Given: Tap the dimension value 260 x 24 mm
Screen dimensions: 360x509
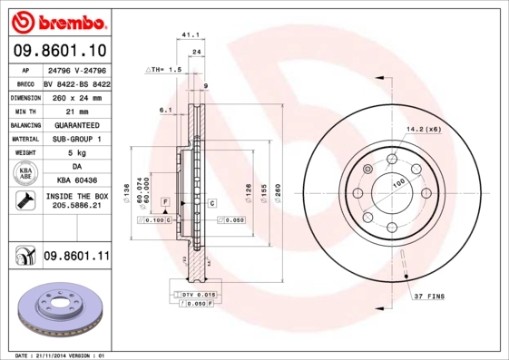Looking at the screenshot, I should [x=76, y=95].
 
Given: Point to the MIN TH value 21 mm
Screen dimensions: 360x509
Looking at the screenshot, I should [x=76, y=110].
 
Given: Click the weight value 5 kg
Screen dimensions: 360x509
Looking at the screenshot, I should [x=76, y=153].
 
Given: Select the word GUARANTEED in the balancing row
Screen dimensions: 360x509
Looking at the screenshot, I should [x=76, y=124].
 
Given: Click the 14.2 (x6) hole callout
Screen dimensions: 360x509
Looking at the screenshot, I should [x=424, y=130].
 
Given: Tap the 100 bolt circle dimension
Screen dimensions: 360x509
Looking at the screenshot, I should [x=396, y=182].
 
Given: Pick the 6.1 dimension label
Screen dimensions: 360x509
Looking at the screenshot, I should [x=165, y=110].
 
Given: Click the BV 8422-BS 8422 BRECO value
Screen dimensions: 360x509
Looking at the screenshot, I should [x=76, y=81].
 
